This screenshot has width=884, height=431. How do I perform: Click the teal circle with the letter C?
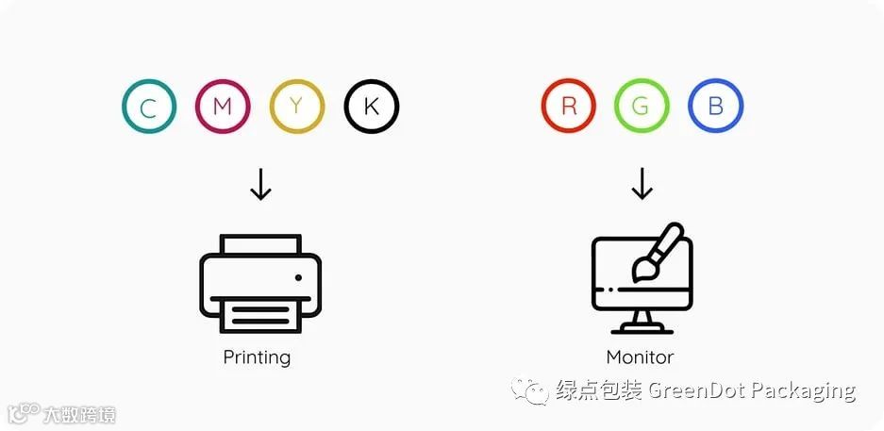coord(149,107)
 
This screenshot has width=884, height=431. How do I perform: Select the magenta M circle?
coord(223,107)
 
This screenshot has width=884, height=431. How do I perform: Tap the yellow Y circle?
coord(297,107)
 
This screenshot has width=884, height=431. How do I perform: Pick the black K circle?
coord(372,107)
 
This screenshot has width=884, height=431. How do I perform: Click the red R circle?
coord(569,107)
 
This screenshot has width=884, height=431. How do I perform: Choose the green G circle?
coord(642,107)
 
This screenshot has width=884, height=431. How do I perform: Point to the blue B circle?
coord(715,107)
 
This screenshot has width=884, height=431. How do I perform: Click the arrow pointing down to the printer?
coord(260,185)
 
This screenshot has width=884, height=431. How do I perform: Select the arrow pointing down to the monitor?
coord(642,185)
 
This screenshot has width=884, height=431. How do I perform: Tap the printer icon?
coord(260,282)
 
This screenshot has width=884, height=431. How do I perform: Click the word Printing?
coord(257,357)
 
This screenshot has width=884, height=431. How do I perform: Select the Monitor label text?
coord(640,357)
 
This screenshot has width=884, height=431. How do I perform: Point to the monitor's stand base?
coord(642,329)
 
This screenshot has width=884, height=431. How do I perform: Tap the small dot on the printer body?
coord(298,277)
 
